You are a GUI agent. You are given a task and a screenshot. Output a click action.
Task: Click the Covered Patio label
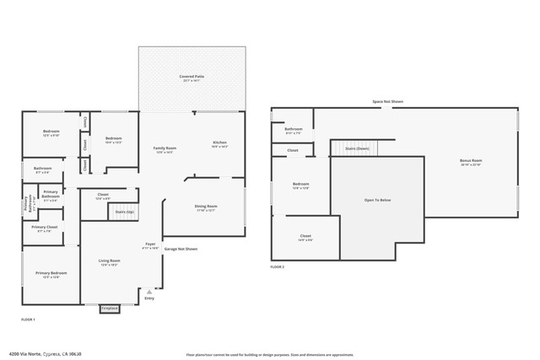(192, 77)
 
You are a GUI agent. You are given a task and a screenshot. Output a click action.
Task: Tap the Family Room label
(164, 148)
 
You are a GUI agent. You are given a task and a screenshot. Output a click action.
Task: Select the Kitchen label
(219, 143)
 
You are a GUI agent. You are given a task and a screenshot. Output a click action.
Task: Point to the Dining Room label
(206, 207)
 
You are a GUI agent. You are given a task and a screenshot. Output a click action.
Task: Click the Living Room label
(110, 261)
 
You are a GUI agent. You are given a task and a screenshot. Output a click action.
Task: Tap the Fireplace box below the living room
(110, 309)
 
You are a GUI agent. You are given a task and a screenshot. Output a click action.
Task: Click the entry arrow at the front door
(149, 291)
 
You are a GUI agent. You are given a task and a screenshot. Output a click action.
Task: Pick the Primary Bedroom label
(51, 273)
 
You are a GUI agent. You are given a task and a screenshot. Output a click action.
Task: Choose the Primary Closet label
(45, 228)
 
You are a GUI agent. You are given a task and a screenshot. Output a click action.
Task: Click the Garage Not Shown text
(181, 249)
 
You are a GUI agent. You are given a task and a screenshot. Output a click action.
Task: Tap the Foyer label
(150, 244)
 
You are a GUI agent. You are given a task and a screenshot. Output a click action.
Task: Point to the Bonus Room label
(470, 160)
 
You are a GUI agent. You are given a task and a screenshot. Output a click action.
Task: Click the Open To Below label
(376, 201)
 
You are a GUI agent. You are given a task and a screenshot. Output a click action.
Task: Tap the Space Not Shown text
(388, 101)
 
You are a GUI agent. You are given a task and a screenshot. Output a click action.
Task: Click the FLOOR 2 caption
(278, 266)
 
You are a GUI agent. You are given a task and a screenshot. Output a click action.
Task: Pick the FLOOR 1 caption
(28, 319)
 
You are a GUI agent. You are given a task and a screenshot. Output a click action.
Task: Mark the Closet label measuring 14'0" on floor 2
(305, 237)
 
